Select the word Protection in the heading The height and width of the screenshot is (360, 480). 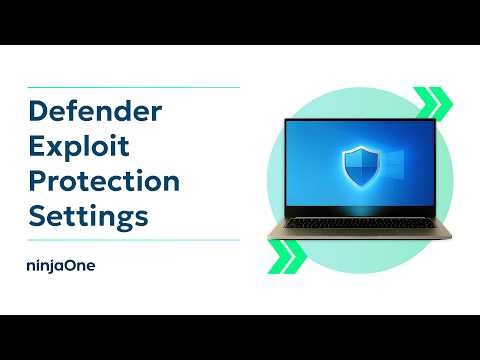click(x=104, y=181)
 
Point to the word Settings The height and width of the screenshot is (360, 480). click(x=88, y=216)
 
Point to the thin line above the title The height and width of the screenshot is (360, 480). click(x=130, y=87)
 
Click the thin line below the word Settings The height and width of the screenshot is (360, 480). click(x=130, y=240)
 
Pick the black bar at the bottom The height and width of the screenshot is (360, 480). click(x=240, y=337)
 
